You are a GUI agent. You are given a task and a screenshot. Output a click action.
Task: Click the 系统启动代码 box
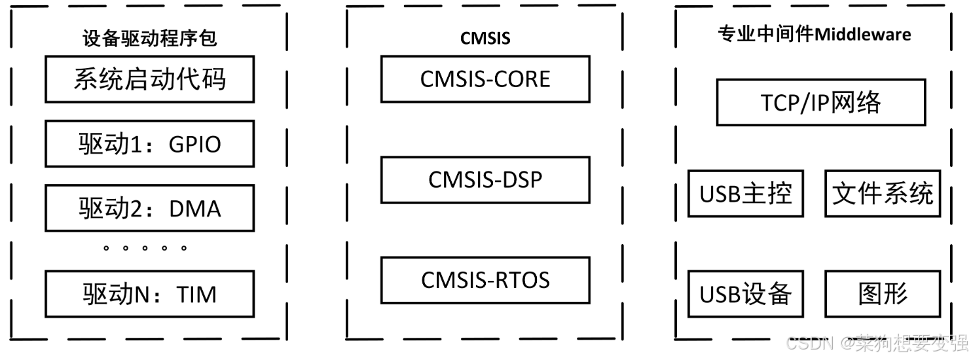[x=149, y=79]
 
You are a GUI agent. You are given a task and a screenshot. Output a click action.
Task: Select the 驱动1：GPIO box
[x=149, y=144]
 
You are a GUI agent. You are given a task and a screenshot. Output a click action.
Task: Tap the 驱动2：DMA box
[x=149, y=208]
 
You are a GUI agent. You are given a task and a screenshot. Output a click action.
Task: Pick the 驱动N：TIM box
[x=149, y=294]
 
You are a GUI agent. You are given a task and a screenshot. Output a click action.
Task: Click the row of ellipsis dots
[x=145, y=249]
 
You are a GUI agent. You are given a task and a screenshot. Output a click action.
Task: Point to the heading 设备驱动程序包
[x=149, y=39]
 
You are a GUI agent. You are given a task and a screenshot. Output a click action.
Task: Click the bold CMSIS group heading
[x=485, y=38]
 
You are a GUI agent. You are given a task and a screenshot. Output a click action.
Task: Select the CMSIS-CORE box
[x=485, y=79]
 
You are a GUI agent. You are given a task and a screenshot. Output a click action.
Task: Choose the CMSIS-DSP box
[x=485, y=179]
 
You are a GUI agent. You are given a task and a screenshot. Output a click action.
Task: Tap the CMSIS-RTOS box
[x=485, y=280]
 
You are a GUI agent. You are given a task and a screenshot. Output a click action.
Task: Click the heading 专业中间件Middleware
[x=814, y=34]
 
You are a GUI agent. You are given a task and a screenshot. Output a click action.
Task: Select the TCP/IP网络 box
[x=821, y=102]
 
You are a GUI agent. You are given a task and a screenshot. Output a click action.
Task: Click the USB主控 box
[x=745, y=194]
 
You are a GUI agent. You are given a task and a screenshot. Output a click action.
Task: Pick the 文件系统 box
[x=882, y=194]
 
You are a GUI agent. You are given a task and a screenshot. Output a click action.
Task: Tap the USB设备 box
[x=745, y=294]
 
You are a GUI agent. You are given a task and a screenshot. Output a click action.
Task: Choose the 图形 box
[x=882, y=294]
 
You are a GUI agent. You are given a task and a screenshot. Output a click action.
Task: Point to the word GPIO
[x=194, y=145]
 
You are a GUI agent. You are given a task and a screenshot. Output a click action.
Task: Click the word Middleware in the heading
[x=862, y=34]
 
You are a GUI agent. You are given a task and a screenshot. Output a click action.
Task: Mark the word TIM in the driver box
[x=196, y=295]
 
